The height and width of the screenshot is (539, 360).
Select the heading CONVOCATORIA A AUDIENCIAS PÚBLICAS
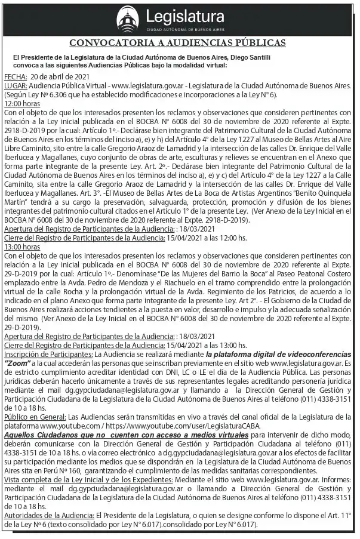tap(178, 43)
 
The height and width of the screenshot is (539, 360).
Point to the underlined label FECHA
tap(15, 78)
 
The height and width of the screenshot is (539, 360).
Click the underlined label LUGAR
tap(16, 86)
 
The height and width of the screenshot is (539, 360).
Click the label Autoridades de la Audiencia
tap(48, 515)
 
